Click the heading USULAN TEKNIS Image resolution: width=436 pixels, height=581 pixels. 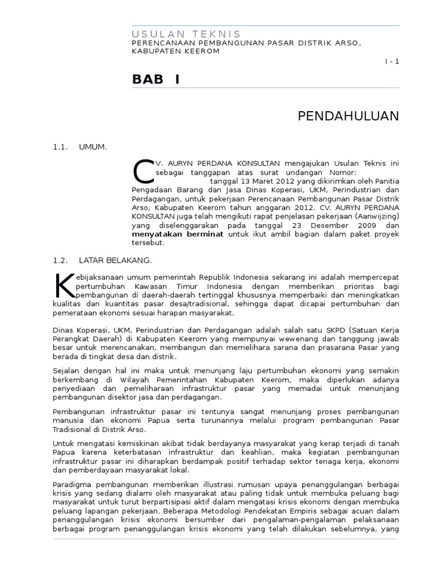click(186, 34)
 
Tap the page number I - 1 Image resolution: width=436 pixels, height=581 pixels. click(392, 62)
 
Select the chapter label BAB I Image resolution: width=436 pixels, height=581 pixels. click(156, 79)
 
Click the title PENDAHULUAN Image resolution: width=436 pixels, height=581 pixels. click(348, 117)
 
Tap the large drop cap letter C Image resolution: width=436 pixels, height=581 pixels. click(143, 171)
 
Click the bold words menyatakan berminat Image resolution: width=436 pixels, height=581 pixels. click(178, 234)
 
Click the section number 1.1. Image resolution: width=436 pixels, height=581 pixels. click(60, 148)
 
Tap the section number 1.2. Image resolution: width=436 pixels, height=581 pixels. click(60, 260)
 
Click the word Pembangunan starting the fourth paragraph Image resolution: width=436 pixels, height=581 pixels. click(77, 411)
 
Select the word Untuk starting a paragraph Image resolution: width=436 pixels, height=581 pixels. click(63, 443)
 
